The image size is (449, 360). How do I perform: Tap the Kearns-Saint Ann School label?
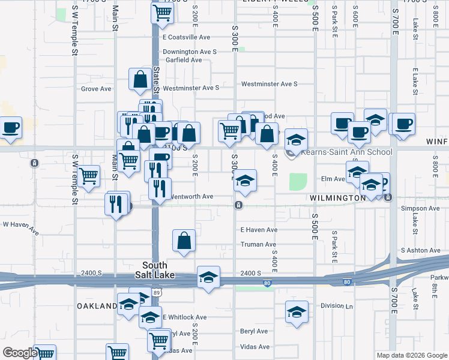(x=346, y=152)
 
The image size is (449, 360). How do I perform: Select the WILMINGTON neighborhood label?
(x=337, y=197)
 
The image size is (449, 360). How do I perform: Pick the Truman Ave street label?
(x=258, y=244)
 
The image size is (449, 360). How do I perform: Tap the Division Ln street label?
(x=336, y=305)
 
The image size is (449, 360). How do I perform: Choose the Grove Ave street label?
(x=97, y=89)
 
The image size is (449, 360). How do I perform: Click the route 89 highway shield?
(x=157, y=292)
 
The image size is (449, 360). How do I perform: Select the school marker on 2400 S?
(x=208, y=277)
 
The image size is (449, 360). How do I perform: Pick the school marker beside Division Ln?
(x=296, y=311)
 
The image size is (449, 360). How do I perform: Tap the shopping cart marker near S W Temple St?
(x=88, y=176)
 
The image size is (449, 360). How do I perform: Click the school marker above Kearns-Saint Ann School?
(x=296, y=139)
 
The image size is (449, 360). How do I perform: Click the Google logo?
(x=19, y=353)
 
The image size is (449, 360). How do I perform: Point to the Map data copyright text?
(x=412, y=355)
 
